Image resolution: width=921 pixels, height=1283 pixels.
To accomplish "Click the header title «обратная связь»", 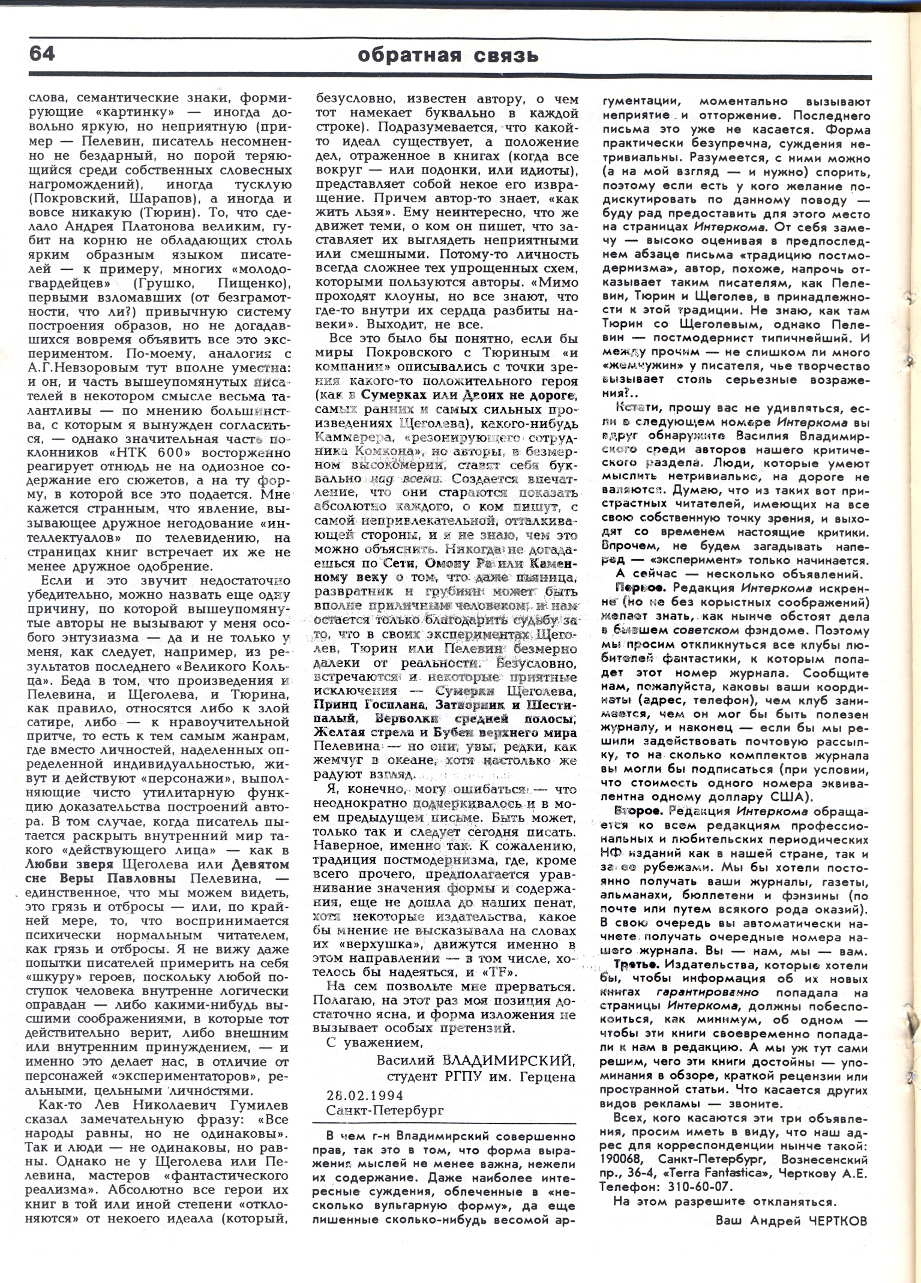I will coord(448,56).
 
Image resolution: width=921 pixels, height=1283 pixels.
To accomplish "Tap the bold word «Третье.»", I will coord(637,982).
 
